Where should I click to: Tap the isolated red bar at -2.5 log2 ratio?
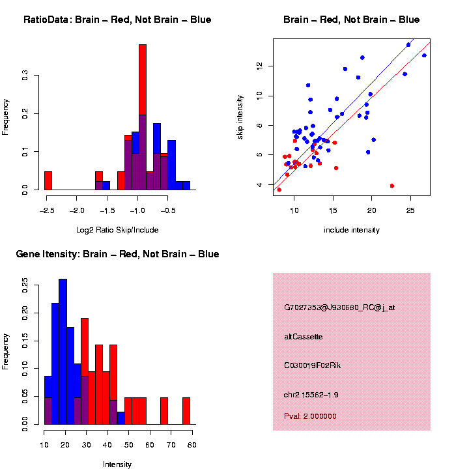[x=48, y=180]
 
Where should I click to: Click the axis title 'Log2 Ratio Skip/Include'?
[x=117, y=230]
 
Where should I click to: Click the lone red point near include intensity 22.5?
[x=392, y=186]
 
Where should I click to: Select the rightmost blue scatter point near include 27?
[x=424, y=55]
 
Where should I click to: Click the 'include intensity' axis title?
[x=352, y=230]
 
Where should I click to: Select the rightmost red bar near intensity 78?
[x=186, y=411]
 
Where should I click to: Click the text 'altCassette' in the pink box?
[x=304, y=337]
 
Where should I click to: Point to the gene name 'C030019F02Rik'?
[x=312, y=365]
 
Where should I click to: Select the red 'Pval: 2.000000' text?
[x=310, y=416]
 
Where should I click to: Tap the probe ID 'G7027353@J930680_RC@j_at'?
[x=339, y=307]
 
